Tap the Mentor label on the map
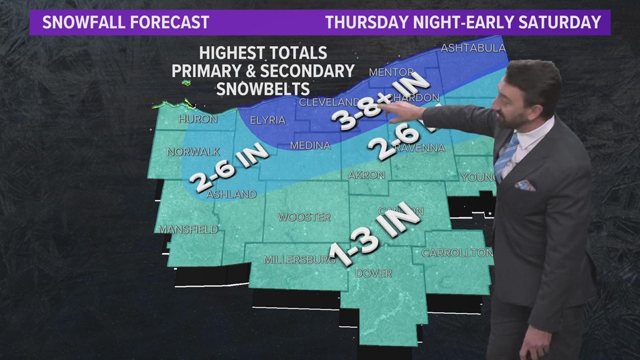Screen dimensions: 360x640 391,73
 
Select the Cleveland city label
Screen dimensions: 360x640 329,102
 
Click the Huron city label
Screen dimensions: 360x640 198,119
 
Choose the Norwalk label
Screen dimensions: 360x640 193,152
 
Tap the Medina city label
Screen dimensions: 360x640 310,145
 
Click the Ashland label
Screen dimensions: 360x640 231,194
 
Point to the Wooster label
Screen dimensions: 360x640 305,217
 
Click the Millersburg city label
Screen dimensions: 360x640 300,259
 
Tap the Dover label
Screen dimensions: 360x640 373,274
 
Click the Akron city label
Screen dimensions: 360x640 366,175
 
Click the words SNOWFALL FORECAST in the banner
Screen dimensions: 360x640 126,22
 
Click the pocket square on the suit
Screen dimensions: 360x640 525,185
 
